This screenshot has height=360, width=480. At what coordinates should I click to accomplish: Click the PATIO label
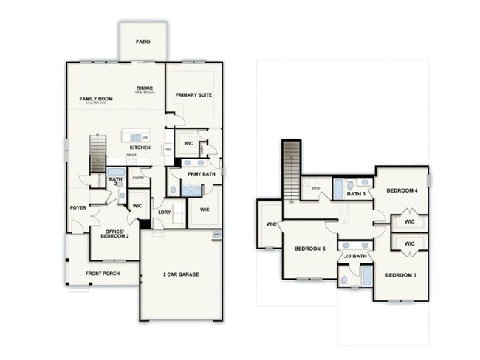(143, 41)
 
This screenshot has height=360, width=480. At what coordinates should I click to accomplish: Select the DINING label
(144, 89)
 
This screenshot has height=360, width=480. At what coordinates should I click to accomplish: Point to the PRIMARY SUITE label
(193, 95)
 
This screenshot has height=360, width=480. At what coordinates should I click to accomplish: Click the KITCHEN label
(140, 148)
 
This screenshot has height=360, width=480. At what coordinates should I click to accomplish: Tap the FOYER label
(78, 208)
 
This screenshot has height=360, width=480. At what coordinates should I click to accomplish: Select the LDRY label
(165, 212)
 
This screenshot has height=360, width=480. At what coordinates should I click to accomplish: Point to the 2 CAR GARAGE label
(181, 274)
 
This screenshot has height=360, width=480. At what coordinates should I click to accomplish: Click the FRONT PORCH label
(102, 274)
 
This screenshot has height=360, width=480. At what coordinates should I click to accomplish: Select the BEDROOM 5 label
(309, 249)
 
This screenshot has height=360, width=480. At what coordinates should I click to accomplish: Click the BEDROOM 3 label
(400, 274)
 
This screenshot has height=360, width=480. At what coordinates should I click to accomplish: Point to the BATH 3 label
(357, 194)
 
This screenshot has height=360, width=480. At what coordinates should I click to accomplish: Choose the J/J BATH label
(355, 256)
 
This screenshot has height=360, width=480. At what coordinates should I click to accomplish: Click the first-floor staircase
(97, 157)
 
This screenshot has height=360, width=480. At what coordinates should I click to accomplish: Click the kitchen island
(136, 136)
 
